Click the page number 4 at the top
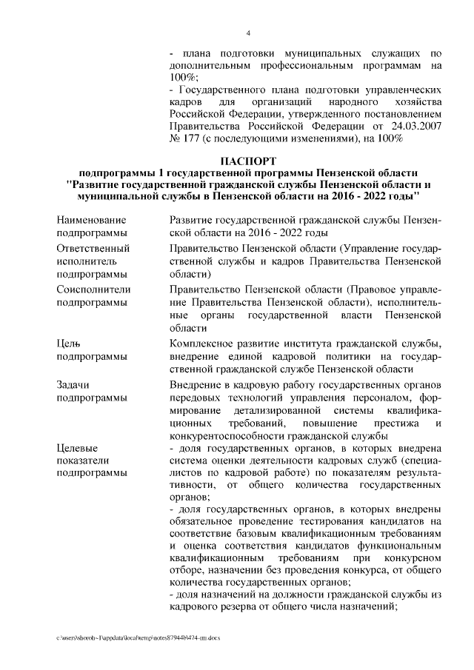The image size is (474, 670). [248, 33]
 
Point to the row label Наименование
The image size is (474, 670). [91, 220]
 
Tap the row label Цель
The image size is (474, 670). [68, 344]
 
